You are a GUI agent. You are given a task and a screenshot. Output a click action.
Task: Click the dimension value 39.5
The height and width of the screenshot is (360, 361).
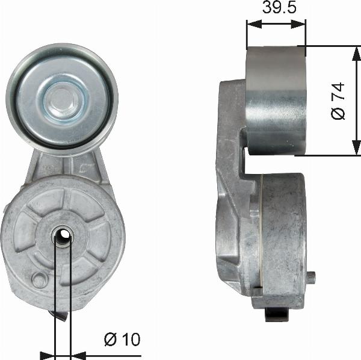pos(276,8)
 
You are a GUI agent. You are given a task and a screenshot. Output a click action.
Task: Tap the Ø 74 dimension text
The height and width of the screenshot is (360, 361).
pos(339,101)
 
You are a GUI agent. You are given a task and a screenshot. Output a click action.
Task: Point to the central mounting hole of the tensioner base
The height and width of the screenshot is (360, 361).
pos(63,238)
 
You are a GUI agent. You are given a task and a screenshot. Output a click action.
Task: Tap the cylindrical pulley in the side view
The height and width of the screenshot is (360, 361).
pos(276,100)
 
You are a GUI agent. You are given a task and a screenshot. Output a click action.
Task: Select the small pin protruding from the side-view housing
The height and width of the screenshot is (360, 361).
pos(312,277)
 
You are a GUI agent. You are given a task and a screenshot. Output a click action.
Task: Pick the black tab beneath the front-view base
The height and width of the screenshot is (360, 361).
pos(59,315)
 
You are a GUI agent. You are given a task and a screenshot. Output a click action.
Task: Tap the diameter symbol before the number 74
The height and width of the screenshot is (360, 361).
pos(339,113)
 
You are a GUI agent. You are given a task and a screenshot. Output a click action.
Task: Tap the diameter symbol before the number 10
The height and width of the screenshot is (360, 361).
pos(110,340)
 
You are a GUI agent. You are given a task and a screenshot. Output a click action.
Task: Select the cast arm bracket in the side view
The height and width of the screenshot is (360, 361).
pos(232,181)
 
